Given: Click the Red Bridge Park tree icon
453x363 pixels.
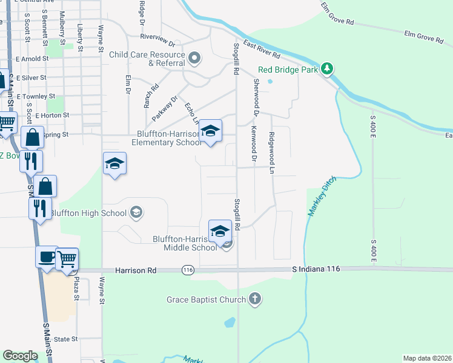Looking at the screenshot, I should pyautogui.click(x=328, y=68).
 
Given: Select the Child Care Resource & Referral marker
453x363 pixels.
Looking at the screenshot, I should pyautogui.click(x=194, y=59).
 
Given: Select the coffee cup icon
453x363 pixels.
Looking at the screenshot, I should pyautogui.click(x=47, y=257).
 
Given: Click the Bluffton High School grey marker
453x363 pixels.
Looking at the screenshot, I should pyautogui.click(x=136, y=212).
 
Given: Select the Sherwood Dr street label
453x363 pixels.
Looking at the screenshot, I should pyautogui.click(x=256, y=97).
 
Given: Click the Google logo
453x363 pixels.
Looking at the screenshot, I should pyautogui.click(x=20, y=356).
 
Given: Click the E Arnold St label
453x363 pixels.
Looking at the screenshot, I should pyautogui.click(x=33, y=59).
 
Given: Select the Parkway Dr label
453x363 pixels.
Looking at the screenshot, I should pyautogui.click(x=165, y=108).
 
